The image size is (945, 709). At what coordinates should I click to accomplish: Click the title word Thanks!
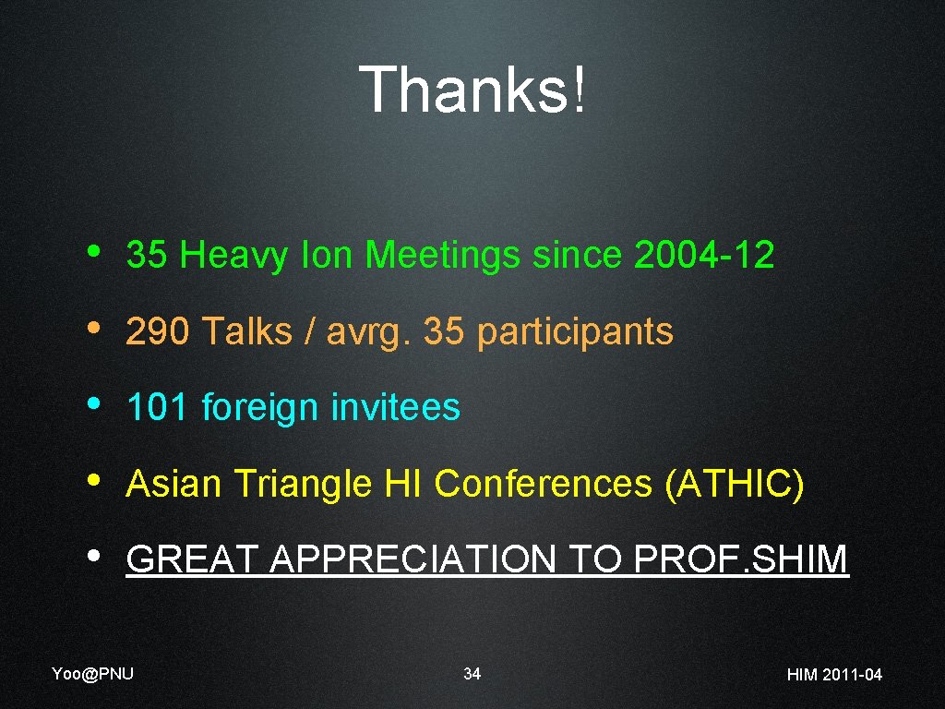pyautogui.click(x=472, y=90)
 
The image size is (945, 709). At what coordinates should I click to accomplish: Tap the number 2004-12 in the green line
pyautogui.click(x=704, y=255)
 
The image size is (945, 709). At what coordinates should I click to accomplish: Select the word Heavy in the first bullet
pyautogui.click(x=234, y=256)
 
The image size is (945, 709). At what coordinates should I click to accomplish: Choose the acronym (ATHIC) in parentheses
pyautogui.click(x=735, y=484)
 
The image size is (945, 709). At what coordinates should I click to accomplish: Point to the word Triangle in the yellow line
pyautogui.click(x=302, y=485)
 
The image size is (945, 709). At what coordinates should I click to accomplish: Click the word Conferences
pyautogui.click(x=544, y=484)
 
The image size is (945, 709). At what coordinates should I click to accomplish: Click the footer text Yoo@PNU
pyautogui.click(x=92, y=673)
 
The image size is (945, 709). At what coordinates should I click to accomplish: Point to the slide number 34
pyautogui.click(x=472, y=674)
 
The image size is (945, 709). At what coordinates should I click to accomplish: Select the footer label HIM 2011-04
pyautogui.click(x=834, y=675)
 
